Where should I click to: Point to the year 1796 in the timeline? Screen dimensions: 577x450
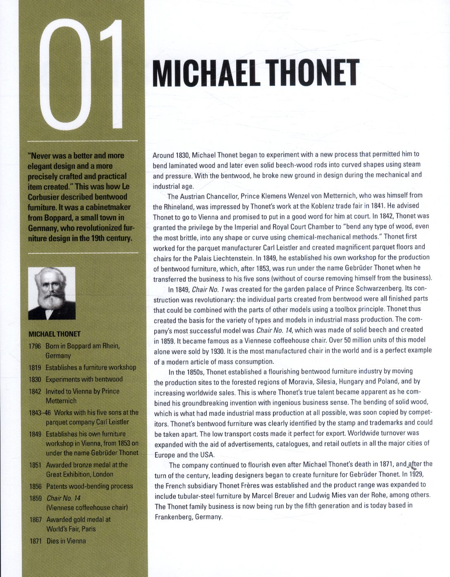pyautogui.click(x=35, y=346)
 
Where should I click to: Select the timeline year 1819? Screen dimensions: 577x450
pyautogui.click(x=35, y=367)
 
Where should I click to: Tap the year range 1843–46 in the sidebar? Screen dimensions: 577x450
pyautogui.click(x=40, y=412)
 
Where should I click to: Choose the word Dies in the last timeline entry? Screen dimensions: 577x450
pyautogui.click(x=53, y=541)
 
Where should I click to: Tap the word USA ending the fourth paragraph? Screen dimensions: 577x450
pyautogui.click(x=207, y=455)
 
